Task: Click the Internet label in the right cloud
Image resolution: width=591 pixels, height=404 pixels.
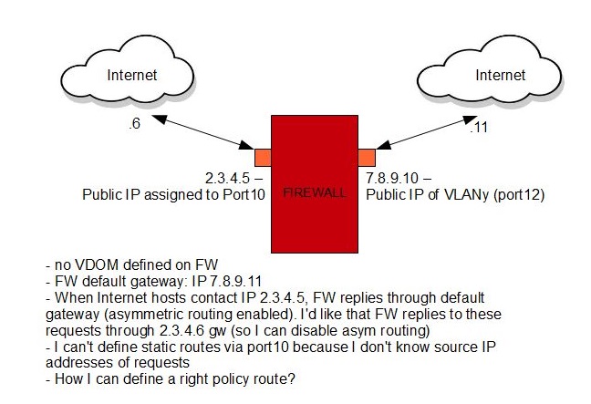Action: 499,74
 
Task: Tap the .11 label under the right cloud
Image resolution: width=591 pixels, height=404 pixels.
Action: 477,129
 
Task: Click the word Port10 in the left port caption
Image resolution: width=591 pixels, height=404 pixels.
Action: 244,193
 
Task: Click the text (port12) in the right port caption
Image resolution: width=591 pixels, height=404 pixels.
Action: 514,193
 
